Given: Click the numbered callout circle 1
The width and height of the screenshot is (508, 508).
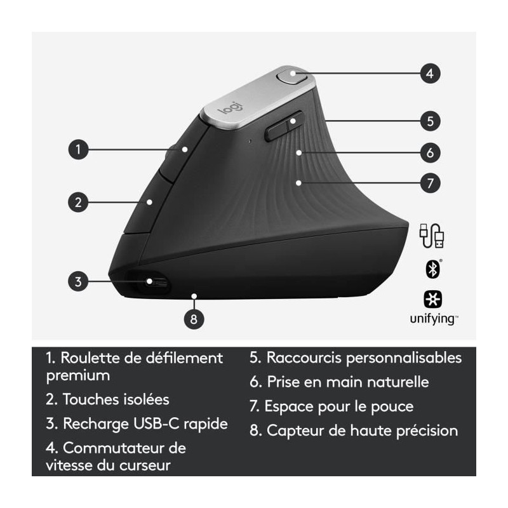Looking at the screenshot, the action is pos(78,149).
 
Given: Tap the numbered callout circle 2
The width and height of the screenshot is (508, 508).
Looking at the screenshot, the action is pos(78,202).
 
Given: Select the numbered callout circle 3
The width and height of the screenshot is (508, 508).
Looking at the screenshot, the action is pos(78,281).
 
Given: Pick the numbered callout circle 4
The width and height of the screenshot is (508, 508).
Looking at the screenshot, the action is pos(431,74).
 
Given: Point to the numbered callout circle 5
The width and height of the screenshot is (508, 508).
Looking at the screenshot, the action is pos(431,121).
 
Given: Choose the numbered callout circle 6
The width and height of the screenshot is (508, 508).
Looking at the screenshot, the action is pos(431,152).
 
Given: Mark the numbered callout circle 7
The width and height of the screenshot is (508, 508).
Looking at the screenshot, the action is pos(431,183).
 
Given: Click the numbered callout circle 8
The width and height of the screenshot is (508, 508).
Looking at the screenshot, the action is pos(194,319).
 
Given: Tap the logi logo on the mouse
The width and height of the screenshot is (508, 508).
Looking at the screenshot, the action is pos(230,107).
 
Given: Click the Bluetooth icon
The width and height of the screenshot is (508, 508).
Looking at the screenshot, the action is pos(432,269).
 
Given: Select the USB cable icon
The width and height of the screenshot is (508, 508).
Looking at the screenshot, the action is pos(432,236).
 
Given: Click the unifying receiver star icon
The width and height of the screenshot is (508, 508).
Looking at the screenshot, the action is pos(433,299).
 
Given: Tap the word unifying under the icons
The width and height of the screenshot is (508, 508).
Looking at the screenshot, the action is pos(434,319).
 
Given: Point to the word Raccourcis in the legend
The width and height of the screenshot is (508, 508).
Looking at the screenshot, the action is pos(304,358).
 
